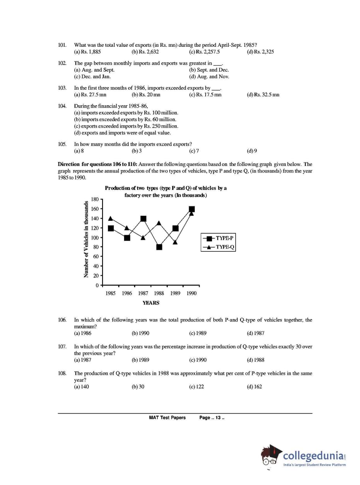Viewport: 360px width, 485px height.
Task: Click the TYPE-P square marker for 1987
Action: click(x=143, y=219)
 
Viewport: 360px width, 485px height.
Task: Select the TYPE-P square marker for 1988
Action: click(x=159, y=247)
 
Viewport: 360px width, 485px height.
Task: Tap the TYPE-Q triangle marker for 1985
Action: click(x=111, y=219)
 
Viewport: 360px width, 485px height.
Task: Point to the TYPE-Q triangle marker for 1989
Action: click(x=175, y=242)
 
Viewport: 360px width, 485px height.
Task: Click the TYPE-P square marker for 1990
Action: click(x=191, y=209)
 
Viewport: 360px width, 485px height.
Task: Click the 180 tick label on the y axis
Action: click(x=95, y=200)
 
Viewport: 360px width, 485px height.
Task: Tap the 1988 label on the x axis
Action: click(x=159, y=293)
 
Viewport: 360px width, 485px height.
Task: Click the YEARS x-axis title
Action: click(x=151, y=303)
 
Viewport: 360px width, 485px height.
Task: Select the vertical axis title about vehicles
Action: click(x=86, y=239)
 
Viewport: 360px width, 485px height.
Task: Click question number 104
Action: click(x=62, y=106)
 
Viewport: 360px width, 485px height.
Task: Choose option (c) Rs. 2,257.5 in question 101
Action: click(x=205, y=52)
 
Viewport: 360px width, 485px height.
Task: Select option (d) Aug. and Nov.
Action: click(x=209, y=77)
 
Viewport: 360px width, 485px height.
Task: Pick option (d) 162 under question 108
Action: click(x=254, y=386)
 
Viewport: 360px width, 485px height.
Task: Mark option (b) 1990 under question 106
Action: click(x=140, y=333)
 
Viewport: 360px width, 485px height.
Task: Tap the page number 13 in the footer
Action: click(x=218, y=418)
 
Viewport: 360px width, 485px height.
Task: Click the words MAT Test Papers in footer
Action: click(x=167, y=418)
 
